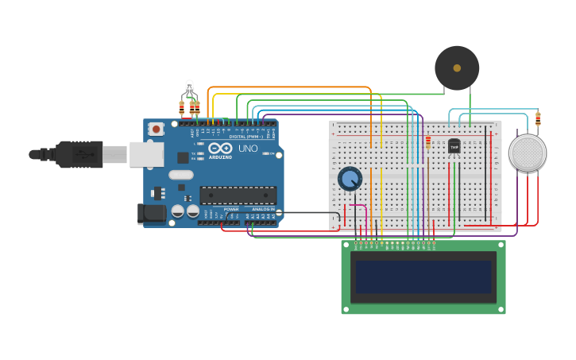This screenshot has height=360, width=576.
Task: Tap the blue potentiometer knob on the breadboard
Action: pyautogui.click(x=350, y=178)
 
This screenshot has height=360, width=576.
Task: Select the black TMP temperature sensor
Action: pyautogui.click(x=454, y=147)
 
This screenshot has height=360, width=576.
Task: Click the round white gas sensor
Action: pyautogui.click(x=528, y=153)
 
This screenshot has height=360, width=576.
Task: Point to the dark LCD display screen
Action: pyautogui.click(x=423, y=277)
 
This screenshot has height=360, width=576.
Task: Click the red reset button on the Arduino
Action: pyautogui.click(x=157, y=129)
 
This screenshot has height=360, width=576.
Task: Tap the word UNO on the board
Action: pyautogui.click(x=248, y=149)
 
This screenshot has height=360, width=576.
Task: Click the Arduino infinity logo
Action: pyautogui.click(x=220, y=148)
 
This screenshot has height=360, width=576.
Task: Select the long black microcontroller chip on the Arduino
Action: pyautogui.click(x=238, y=195)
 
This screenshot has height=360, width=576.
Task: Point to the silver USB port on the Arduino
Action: pyautogui.click(x=146, y=154)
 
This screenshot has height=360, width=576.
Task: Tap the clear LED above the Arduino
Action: pyautogui.click(x=189, y=87)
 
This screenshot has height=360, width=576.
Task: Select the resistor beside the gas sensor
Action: pyautogui.click(x=538, y=119)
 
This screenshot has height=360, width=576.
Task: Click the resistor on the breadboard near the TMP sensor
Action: pyautogui.click(x=428, y=142)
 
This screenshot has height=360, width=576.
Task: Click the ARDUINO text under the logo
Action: pyautogui.click(x=220, y=157)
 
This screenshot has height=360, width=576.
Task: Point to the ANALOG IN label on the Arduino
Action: pyautogui.click(x=264, y=209)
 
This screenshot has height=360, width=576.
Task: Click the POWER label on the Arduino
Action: pyautogui.click(x=231, y=209)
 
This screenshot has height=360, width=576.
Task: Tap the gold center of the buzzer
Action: pyautogui.click(x=457, y=68)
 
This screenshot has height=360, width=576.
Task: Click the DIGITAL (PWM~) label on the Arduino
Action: pyautogui.click(x=245, y=137)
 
